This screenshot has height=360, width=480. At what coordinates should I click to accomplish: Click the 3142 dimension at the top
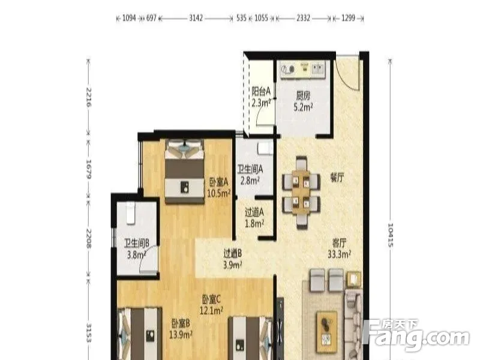(x=196, y=18)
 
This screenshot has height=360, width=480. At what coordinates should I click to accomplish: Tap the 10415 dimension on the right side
(x=391, y=235)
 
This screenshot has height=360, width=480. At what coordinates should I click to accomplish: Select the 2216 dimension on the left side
(x=89, y=97)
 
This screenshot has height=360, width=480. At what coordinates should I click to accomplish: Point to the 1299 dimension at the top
(x=349, y=18)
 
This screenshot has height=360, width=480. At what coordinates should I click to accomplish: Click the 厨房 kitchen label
(x=303, y=96)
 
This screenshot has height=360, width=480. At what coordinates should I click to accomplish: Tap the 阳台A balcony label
(x=261, y=91)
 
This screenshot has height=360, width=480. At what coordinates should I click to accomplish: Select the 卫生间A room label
(x=250, y=169)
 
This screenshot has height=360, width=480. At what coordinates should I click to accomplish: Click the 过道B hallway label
(x=233, y=253)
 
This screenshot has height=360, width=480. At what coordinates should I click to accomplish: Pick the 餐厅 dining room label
(x=337, y=178)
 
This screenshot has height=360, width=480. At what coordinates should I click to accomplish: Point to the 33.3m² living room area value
(x=339, y=254)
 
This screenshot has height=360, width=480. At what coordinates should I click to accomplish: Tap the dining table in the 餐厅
(x=301, y=192)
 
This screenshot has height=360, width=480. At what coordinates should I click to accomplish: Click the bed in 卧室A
(x=184, y=171)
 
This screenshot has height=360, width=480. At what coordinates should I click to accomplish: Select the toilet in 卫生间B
(x=131, y=213)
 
